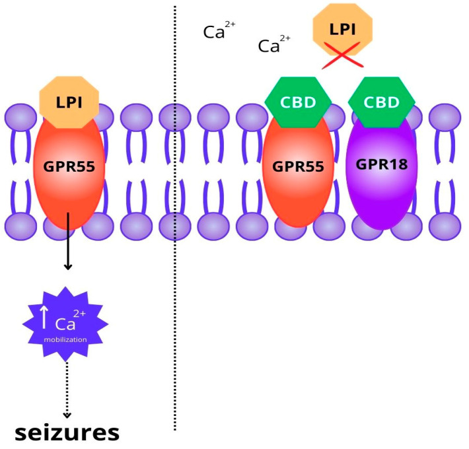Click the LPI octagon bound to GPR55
[69, 102]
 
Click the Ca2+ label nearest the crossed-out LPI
[273, 45]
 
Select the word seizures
[67, 432]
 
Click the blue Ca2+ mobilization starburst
[65, 324]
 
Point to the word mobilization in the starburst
[65, 339]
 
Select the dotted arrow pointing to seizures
[66, 390]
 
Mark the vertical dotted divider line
[175, 297]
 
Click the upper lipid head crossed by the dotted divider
[174, 119]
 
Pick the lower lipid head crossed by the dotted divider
[174, 226]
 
